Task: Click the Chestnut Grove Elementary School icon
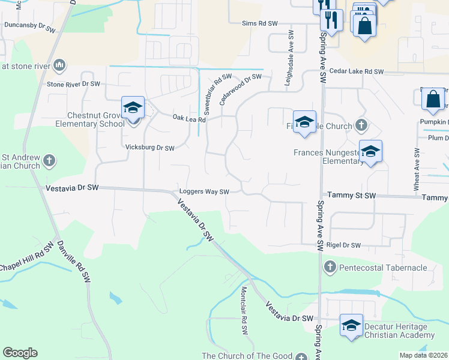coord(133,108)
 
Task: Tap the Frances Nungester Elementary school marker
coord(370,151)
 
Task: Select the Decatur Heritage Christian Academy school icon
coord(351,325)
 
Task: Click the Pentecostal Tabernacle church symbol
coord(329,266)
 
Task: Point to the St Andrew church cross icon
coord(49,161)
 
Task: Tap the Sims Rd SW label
coord(260,23)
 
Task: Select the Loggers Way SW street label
coord(205,192)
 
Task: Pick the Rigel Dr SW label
coord(344,245)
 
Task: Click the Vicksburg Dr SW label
coord(149,148)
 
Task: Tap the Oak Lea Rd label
coord(189,119)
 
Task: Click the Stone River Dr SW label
coord(73,85)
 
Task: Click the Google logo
coord(20,353)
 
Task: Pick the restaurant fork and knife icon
coord(331,20)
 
